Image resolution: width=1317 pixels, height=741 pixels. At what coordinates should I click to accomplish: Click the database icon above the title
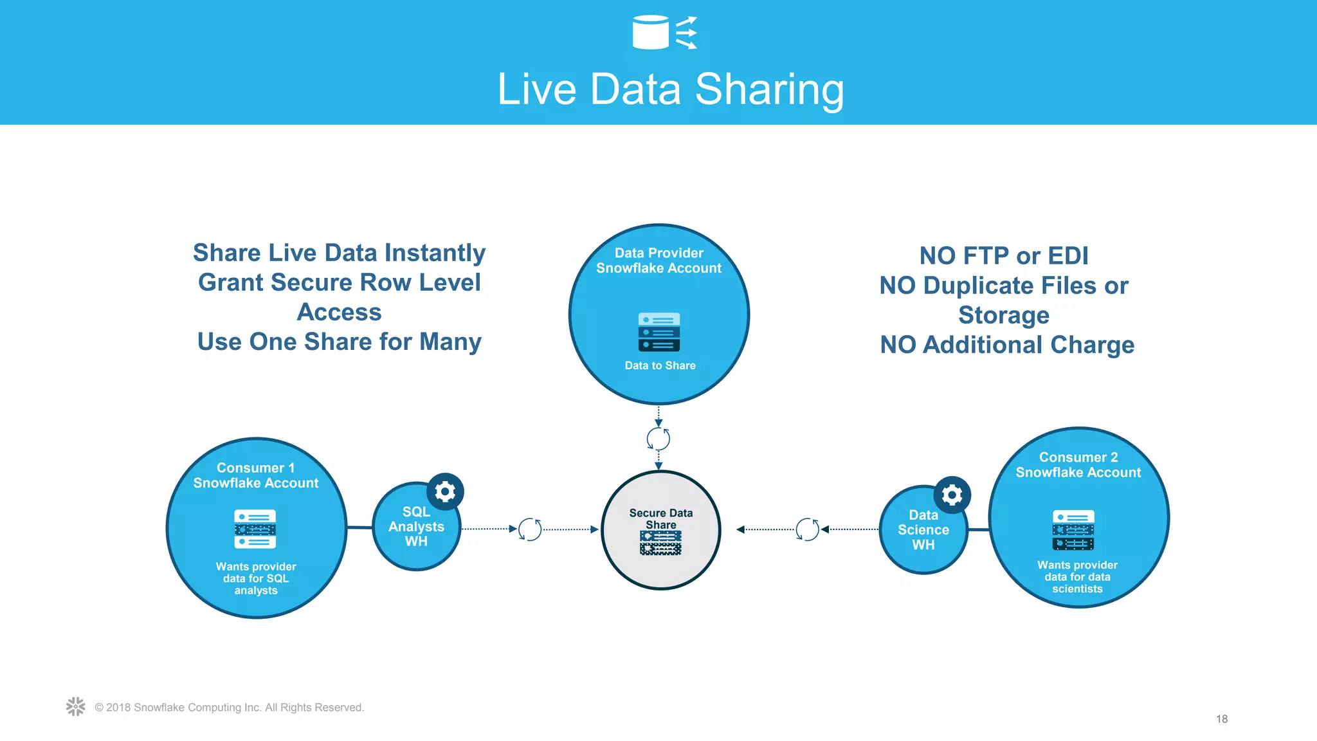651,32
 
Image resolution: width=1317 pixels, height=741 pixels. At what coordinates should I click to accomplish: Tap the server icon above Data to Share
659,332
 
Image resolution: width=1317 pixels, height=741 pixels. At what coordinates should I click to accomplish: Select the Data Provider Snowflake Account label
658,261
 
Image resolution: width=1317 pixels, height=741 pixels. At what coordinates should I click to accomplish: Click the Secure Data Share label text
661,518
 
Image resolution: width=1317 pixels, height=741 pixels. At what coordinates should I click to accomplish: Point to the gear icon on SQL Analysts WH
445,492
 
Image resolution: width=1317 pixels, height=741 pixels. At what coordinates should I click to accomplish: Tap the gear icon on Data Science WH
952,495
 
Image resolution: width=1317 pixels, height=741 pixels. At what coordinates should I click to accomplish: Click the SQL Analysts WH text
416,527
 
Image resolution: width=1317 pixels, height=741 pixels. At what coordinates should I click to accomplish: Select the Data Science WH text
923,530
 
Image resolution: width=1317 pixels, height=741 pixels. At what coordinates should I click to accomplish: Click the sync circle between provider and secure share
658,439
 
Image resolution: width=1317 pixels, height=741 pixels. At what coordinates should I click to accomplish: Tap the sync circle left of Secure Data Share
530,529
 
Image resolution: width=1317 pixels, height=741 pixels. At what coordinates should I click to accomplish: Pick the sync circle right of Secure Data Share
807,529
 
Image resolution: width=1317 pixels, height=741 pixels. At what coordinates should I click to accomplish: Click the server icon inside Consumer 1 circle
255,529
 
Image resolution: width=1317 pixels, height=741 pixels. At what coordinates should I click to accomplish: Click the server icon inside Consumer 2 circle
1073,530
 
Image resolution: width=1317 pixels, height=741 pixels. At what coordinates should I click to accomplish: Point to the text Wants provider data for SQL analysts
256,578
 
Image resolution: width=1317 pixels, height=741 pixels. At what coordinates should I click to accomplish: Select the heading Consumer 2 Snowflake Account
1078,464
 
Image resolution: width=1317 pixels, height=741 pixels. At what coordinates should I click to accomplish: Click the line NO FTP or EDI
1004,256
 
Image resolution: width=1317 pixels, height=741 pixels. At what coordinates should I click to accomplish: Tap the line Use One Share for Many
340,342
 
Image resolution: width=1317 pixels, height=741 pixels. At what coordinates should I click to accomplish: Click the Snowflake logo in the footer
76,706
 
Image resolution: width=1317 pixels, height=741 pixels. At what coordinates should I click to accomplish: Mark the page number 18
1222,719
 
